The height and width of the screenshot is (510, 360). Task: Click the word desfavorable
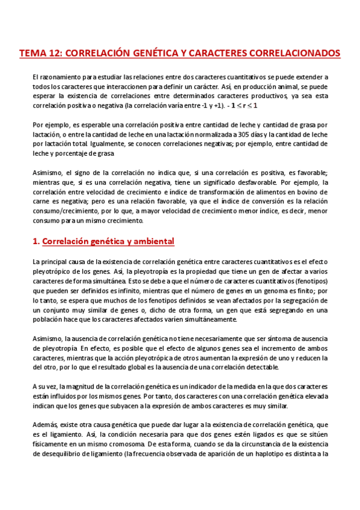point(284,182)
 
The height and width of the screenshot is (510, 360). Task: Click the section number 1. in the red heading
point(35,242)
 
